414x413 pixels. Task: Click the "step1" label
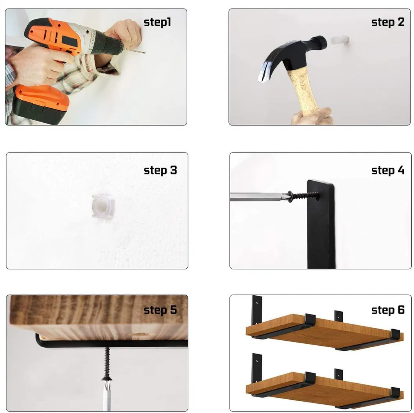pyautogui.click(x=158, y=22)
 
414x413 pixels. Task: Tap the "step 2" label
pyautogui.click(x=387, y=22)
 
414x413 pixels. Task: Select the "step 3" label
pyautogui.click(x=160, y=171)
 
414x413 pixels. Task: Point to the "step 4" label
pyautogui.click(x=387, y=171)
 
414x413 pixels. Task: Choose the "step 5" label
pyautogui.click(x=160, y=310)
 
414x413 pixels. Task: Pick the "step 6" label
pyautogui.click(x=387, y=310)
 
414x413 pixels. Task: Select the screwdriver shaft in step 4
pyautogui.click(x=258, y=196)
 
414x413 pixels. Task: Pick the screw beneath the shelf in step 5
pyautogui.click(x=106, y=362)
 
